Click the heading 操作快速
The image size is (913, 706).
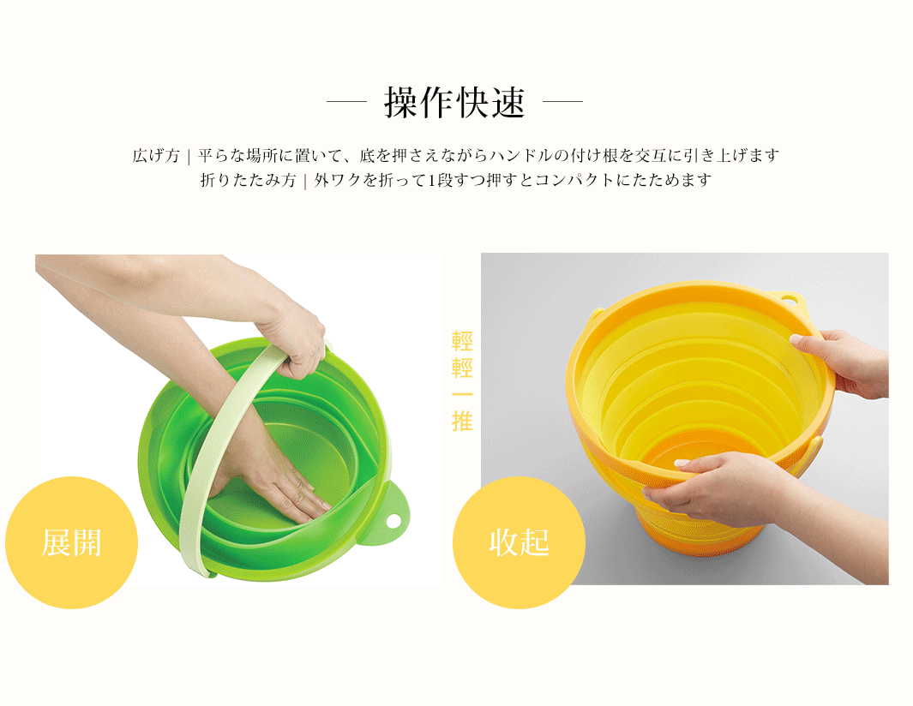(x=454, y=103)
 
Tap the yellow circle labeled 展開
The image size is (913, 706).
(x=72, y=542)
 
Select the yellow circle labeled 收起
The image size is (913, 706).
(x=519, y=542)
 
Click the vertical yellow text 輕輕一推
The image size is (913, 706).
(x=462, y=381)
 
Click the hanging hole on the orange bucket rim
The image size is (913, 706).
(x=790, y=301)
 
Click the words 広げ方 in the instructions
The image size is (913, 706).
(x=156, y=155)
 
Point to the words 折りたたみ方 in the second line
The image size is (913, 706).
(x=249, y=180)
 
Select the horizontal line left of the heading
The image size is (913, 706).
(x=346, y=101)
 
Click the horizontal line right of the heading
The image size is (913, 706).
(x=562, y=101)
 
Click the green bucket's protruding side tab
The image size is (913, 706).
(x=389, y=515)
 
